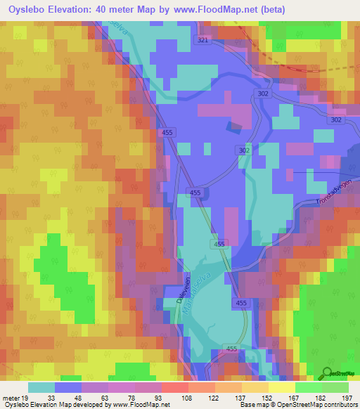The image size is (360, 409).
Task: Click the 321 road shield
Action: click(203, 41)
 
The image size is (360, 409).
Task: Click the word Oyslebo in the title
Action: click(30, 9)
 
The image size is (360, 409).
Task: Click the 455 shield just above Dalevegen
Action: click(219, 244)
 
